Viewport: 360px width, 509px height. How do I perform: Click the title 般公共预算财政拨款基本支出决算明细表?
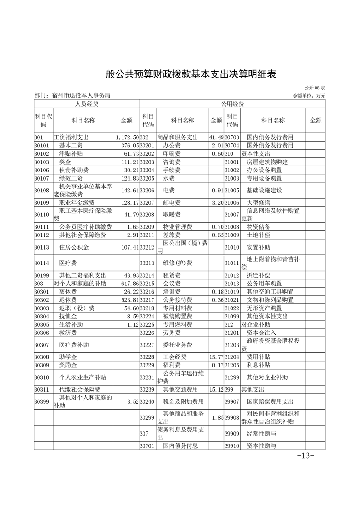191,74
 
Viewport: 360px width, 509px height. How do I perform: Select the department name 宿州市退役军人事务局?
73,96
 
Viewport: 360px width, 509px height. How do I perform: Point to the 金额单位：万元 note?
309,96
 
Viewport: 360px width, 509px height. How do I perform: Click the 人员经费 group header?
86,104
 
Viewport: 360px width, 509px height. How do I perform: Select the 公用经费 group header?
232,104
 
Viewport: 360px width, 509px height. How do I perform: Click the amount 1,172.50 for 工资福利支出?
127,137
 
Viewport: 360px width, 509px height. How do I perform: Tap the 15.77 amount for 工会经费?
216,357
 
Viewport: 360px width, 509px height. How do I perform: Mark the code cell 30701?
147,445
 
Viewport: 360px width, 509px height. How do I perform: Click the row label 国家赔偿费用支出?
270,402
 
